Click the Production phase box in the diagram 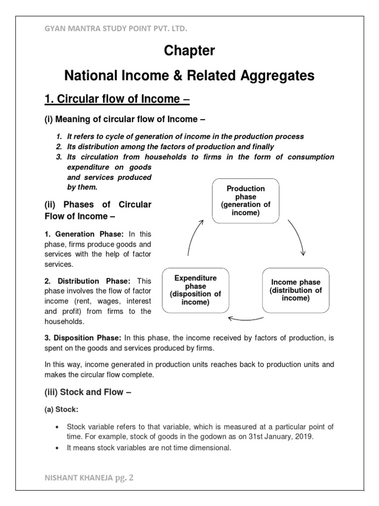pyautogui.click(x=246, y=201)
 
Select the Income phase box pyautogui.click(x=296, y=291)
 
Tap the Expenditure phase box pyautogui.click(x=195, y=291)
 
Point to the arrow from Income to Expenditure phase pyautogui.click(x=246, y=318)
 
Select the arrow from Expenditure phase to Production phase pyautogui.click(x=195, y=237)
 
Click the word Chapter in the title pyautogui.click(x=189, y=51)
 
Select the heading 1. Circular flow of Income pyautogui.click(x=117, y=99)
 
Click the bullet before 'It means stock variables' pyautogui.click(x=58, y=448)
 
